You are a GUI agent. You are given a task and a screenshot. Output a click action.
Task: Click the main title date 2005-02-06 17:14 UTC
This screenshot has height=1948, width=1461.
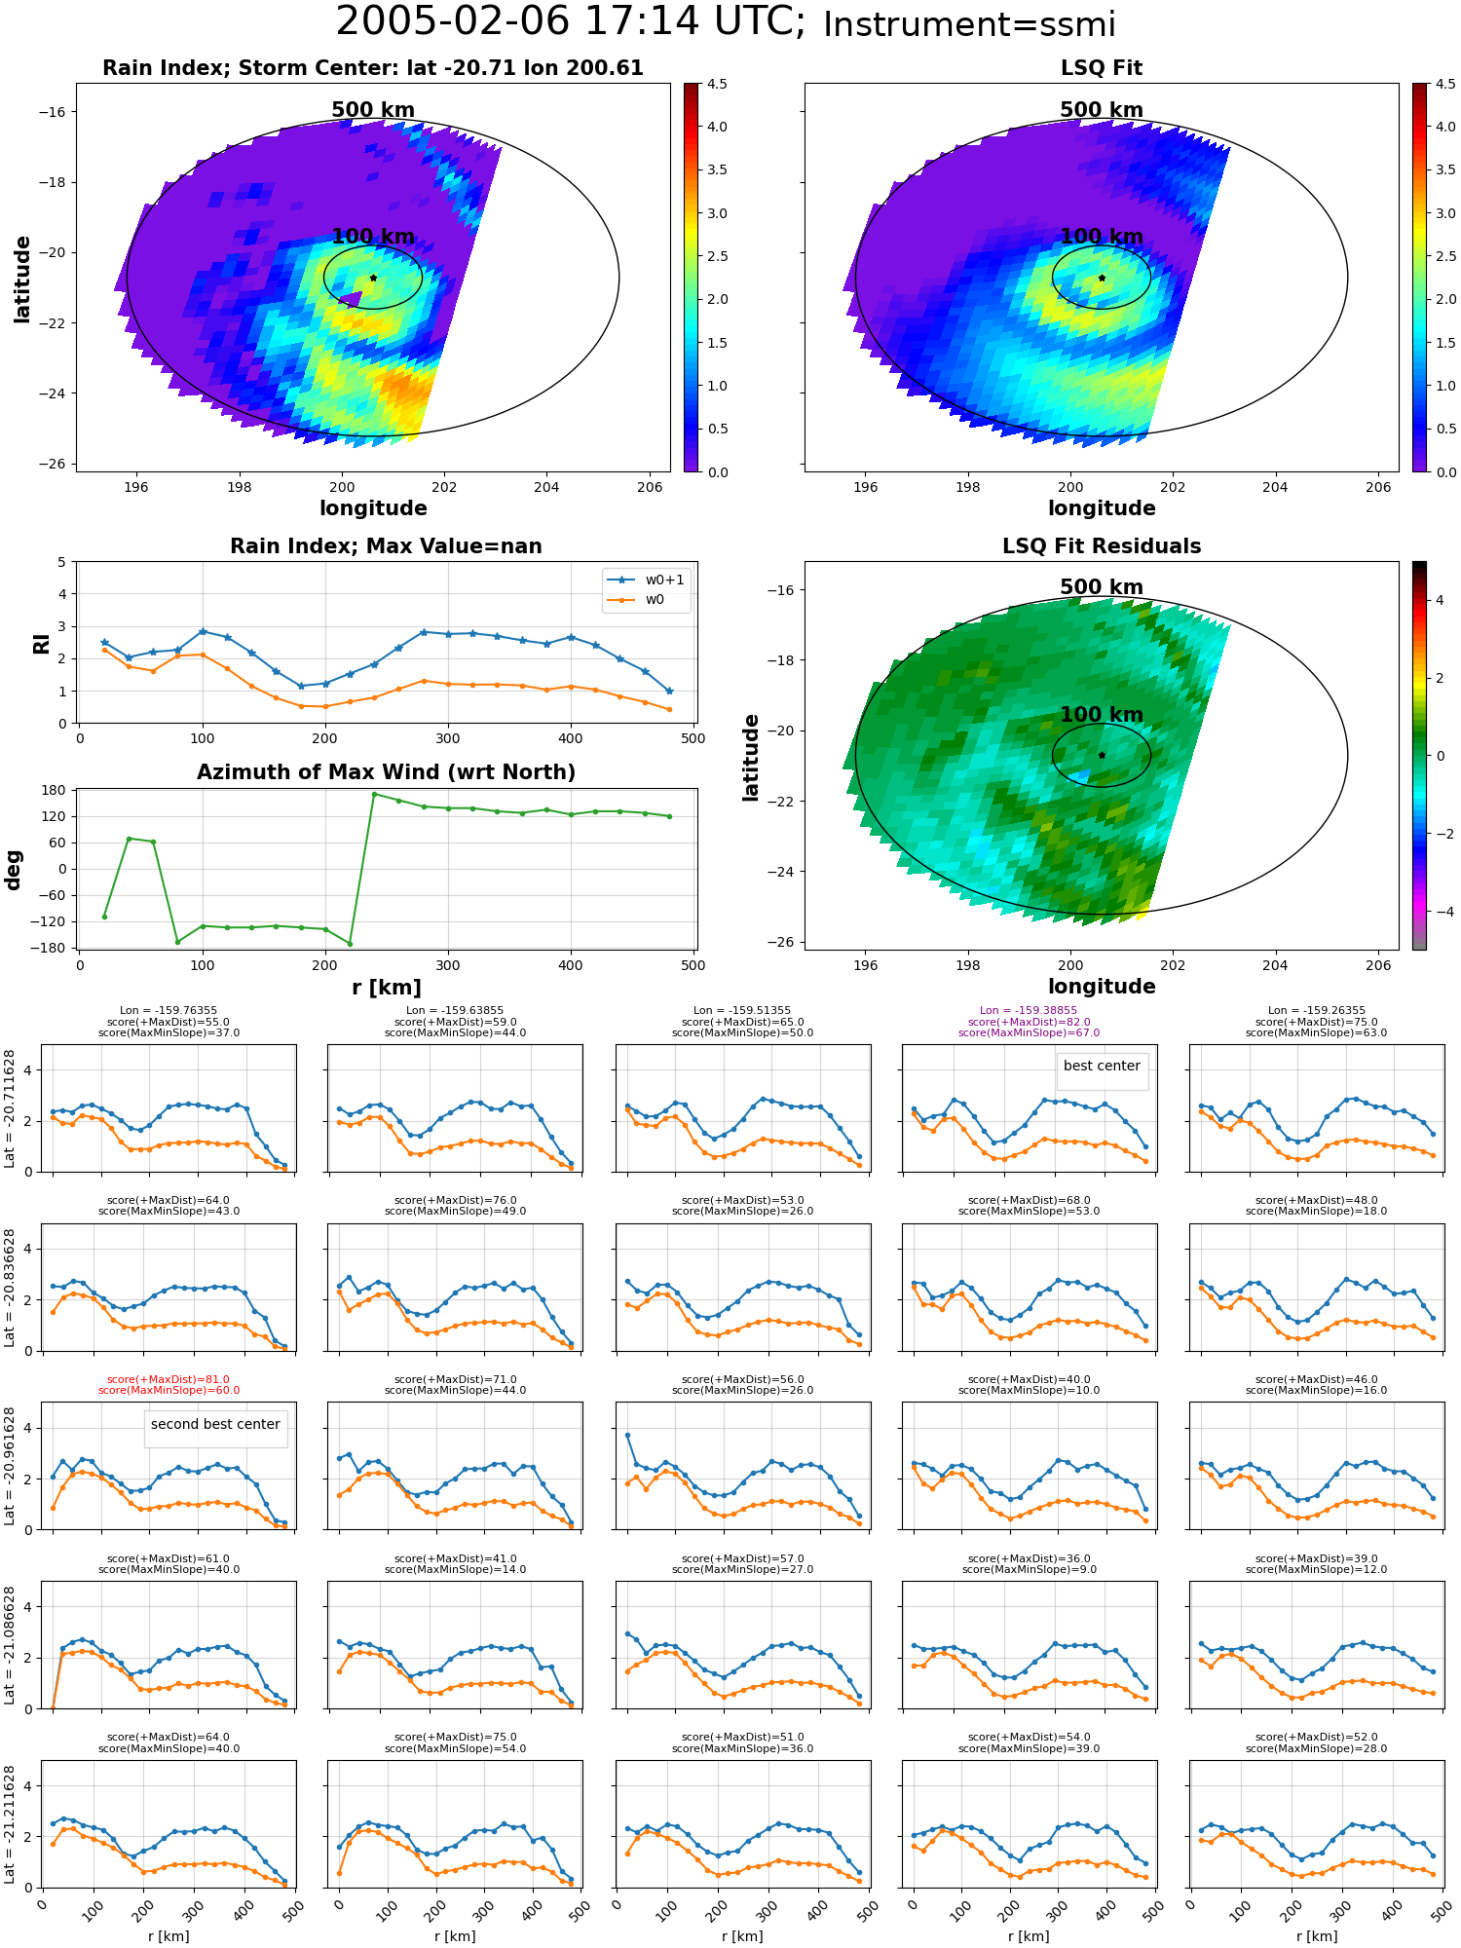pos(571,21)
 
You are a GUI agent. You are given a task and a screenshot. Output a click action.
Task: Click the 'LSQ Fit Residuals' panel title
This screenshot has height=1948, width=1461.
pos(1102,546)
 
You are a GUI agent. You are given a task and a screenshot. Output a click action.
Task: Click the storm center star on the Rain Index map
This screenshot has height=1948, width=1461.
pos(373,278)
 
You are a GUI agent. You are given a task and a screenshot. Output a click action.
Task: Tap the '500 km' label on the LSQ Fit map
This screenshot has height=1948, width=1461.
pos(1102,110)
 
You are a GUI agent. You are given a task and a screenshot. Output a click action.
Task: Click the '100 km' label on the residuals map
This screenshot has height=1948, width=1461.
pos(1102,715)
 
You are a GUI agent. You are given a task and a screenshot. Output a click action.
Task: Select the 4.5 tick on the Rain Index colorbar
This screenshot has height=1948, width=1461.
pos(717,85)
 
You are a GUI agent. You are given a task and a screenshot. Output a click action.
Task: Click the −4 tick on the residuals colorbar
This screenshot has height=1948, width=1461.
pos(1440,912)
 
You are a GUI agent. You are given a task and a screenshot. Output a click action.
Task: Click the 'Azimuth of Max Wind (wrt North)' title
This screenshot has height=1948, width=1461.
pos(386,772)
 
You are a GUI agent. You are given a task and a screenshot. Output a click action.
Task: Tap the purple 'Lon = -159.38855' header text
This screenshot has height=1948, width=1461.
pos(1029,1010)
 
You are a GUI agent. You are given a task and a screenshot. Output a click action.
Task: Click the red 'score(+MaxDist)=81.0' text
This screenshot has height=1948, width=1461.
pos(169,1379)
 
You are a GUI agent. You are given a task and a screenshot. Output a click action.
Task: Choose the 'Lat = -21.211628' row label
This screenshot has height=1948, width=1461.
pos(10,1822)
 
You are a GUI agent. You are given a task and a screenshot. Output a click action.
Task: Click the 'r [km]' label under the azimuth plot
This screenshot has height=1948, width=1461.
pos(386,988)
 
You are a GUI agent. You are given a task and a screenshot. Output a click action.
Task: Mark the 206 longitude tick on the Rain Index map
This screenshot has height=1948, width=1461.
pos(650,487)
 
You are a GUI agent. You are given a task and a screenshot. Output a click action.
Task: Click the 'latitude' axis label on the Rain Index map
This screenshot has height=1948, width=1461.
pos(22,279)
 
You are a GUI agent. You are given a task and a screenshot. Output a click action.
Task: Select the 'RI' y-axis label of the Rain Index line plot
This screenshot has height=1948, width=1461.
pos(41,644)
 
